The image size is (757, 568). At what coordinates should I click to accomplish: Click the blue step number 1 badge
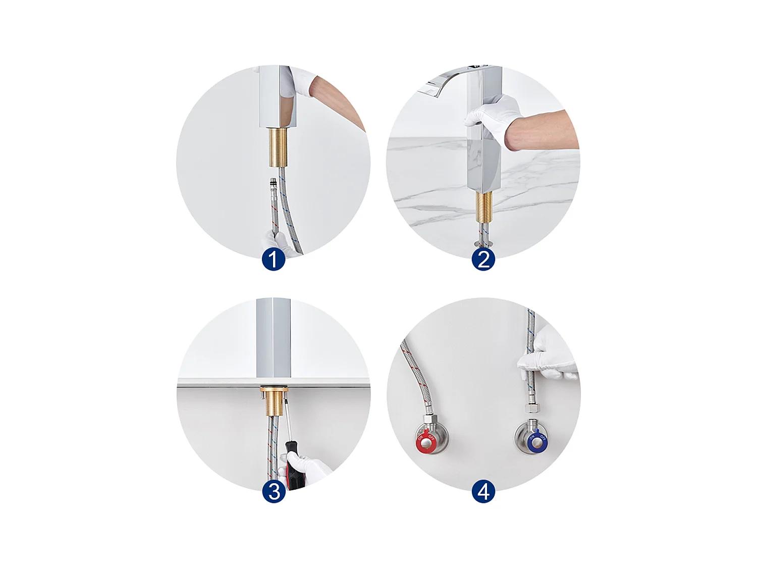pyautogui.click(x=274, y=260)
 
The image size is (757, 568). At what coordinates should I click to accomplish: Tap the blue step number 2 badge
pyautogui.click(x=483, y=260)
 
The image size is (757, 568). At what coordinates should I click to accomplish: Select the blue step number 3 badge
pyautogui.click(x=274, y=491)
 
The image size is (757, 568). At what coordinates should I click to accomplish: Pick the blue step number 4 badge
pyautogui.click(x=483, y=491)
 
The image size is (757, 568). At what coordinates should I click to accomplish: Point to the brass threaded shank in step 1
pyautogui.click(x=277, y=147)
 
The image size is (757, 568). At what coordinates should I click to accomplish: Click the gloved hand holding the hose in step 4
pyautogui.click(x=548, y=354)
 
